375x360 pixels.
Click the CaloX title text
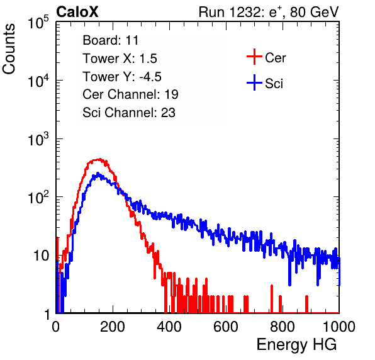pyautogui.click(x=77, y=12)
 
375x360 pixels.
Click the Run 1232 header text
pyautogui.click(x=269, y=12)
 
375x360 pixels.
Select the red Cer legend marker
pyautogui.click(x=254, y=57)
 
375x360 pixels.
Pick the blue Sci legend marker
pyautogui.click(x=254, y=82)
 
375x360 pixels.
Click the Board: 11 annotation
pyautogui.click(x=111, y=40)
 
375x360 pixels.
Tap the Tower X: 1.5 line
pyautogui.click(x=120, y=59)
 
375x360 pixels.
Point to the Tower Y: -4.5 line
pyautogui.click(x=122, y=77)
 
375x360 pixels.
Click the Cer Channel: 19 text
pyautogui.click(x=130, y=94)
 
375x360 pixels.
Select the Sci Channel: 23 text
pyautogui.click(x=129, y=113)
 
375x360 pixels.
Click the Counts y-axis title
pyautogui.click(x=9, y=49)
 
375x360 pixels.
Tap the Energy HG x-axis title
pyautogui.click(x=296, y=344)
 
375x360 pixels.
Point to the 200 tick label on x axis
pyautogui.click(x=113, y=327)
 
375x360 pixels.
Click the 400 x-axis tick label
pyautogui.click(x=169, y=327)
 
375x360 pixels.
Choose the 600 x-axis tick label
pyautogui.click(x=226, y=327)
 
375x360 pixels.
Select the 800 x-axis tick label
pyautogui.click(x=283, y=327)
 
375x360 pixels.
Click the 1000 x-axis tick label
pyautogui.click(x=339, y=327)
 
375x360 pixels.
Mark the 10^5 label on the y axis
pyautogui.click(x=38, y=22)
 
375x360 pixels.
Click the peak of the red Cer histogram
pyautogui.click(x=100, y=159)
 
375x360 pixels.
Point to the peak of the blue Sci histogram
pyautogui.click(x=98, y=172)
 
